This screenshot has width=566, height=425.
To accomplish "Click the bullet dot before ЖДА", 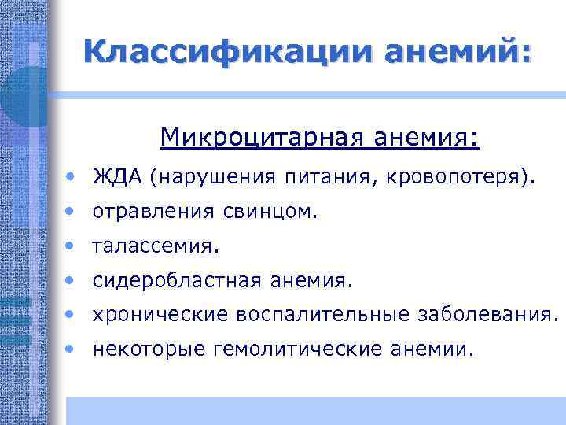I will tap(72, 178).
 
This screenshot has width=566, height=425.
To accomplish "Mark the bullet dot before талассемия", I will tap(72, 246).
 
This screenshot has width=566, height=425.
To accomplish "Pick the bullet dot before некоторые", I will tap(72, 349).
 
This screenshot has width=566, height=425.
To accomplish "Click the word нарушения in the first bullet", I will tap(217, 178).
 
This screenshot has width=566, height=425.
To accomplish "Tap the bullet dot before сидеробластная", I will tap(72, 280).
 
